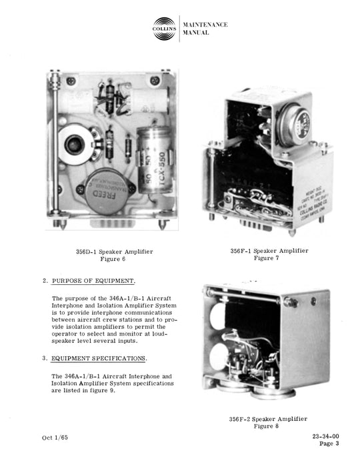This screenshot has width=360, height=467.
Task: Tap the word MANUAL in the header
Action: tap(197, 33)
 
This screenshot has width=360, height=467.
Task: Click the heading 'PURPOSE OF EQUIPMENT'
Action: tap(94, 282)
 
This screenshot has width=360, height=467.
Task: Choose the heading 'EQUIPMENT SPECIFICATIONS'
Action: tap(99, 359)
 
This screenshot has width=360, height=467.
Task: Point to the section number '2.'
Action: tap(45, 282)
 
